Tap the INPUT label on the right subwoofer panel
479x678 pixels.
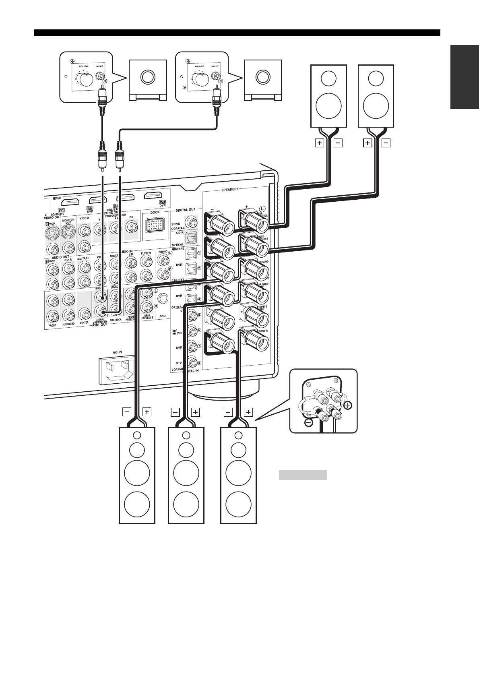215,66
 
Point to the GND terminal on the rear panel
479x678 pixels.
163,298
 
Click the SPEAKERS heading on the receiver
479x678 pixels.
229,189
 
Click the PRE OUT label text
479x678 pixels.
99,325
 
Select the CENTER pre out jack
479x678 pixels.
84,314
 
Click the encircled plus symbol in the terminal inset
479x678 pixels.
348,405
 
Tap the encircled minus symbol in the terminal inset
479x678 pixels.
309,423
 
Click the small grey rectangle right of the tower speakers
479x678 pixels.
303,475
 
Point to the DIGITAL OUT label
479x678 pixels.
186,210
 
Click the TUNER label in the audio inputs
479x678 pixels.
146,253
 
